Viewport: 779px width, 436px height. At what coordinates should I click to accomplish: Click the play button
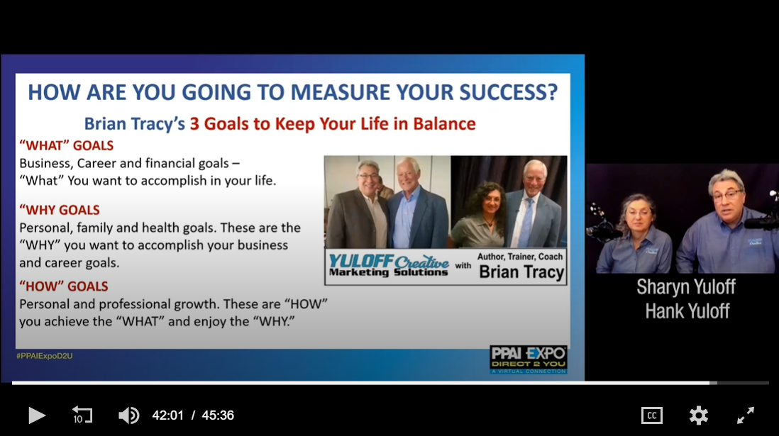(37, 415)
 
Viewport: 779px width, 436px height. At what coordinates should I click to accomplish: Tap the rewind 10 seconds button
(82, 415)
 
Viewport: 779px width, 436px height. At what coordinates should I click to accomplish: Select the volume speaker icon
(128, 415)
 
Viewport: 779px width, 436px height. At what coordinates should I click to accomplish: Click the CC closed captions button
(652, 415)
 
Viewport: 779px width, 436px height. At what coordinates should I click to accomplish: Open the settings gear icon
(699, 415)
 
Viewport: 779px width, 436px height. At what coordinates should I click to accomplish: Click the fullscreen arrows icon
(745, 415)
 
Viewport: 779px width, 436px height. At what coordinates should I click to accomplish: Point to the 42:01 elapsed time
(168, 415)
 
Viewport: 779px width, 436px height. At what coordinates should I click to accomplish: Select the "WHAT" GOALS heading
(67, 145)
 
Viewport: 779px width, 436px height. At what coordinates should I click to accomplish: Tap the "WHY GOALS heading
(60, 210)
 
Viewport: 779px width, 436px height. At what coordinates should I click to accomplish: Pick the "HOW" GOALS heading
(64, 286)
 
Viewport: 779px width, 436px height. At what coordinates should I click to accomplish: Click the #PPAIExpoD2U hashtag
(45, 356)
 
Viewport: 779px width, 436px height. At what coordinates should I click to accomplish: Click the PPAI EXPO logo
(528, 359)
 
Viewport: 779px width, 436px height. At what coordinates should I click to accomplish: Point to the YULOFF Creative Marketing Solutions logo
(389, 266)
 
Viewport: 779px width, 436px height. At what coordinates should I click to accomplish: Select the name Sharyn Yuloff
(686, 286)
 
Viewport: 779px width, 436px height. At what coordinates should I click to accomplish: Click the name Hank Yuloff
(687, 311)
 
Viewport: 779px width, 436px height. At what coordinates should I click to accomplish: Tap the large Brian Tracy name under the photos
(521, 272)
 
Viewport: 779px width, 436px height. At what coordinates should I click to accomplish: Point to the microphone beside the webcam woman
(602, 230)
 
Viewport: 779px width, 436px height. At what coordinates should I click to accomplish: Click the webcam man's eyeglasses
(726, 194)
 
